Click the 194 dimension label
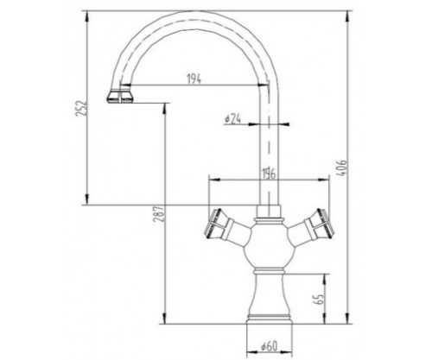tap(194, 79)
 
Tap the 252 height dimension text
tap(81, 108)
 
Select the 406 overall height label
tap(342, 167)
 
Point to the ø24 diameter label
tap(232, 118)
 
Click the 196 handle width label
tap(269, 174)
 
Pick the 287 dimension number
tap(158, 214)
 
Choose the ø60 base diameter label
tap(269, 346)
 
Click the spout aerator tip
tap(120, 97)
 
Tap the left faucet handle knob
tap(216, 224)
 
